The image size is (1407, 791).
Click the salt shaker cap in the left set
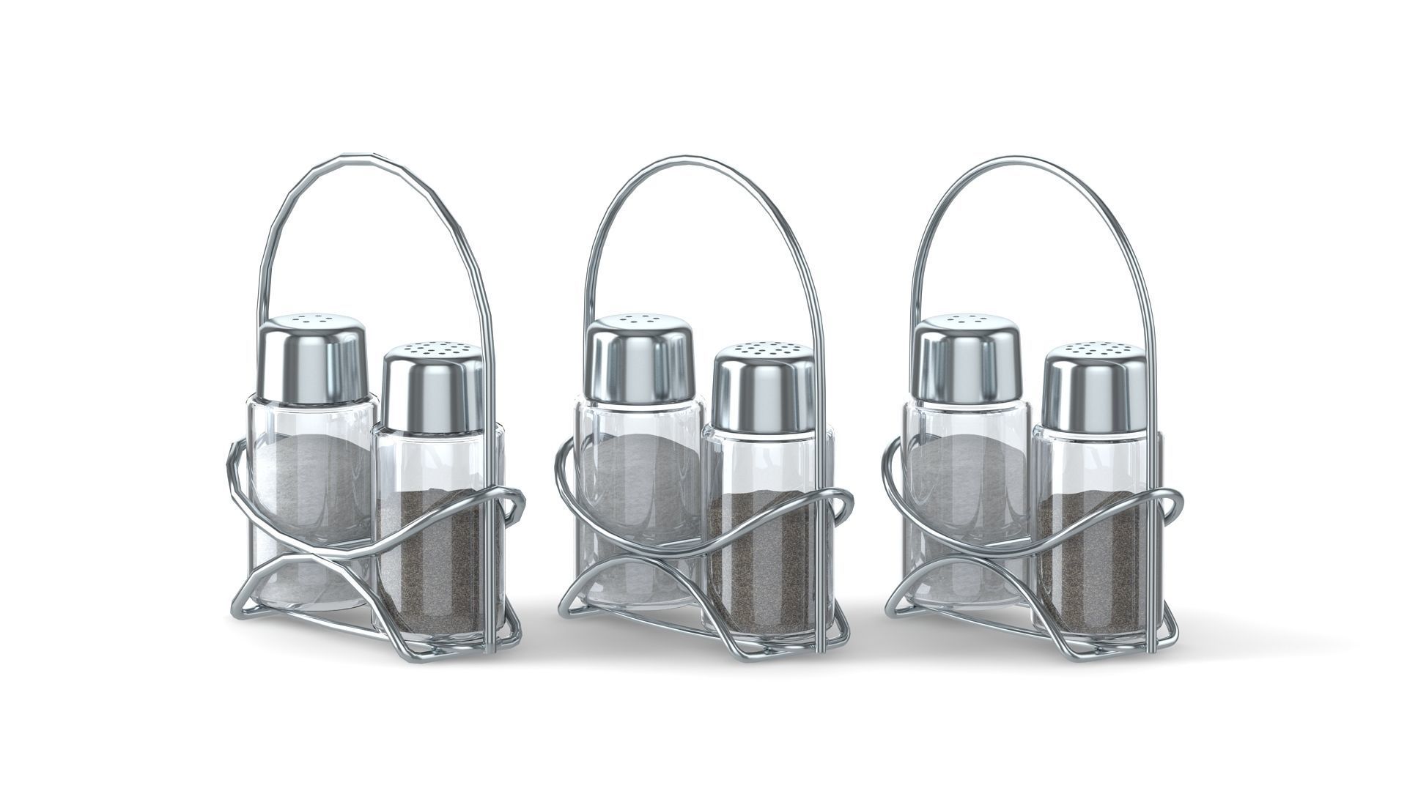pos(313,359)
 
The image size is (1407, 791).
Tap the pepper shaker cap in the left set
pos(432,392)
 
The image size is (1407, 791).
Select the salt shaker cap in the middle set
pos(640,359)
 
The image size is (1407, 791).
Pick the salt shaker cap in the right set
pos(967,359)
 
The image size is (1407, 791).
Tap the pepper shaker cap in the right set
pos(1093,392)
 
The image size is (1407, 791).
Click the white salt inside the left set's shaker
pos(311,476)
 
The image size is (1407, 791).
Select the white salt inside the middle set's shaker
pos(639,476)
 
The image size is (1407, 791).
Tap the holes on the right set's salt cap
pos(967,320)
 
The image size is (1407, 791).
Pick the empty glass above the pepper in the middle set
pos(762,461)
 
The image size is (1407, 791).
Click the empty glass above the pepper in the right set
pos(1092,461)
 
